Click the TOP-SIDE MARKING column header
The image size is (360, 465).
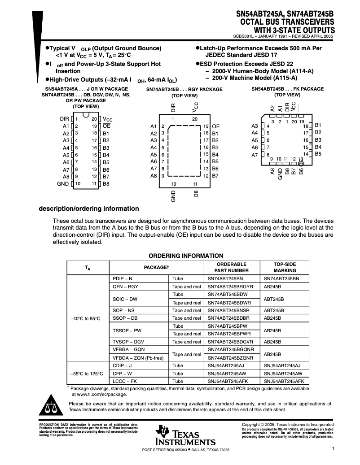(x=285, y=267)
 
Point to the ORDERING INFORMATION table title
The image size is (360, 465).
(x=186, y=256)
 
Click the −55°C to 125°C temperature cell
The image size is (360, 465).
(x=87, y=373)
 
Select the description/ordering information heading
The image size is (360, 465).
(x=89, y=209)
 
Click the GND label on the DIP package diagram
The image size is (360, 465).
(x=63, y=184)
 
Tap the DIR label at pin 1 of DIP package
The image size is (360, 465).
(x=64, y=119)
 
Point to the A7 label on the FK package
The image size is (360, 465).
(x=255, y=155)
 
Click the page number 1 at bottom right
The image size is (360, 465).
(x=334, y=448)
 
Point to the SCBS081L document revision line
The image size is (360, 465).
(x=283, y=37)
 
